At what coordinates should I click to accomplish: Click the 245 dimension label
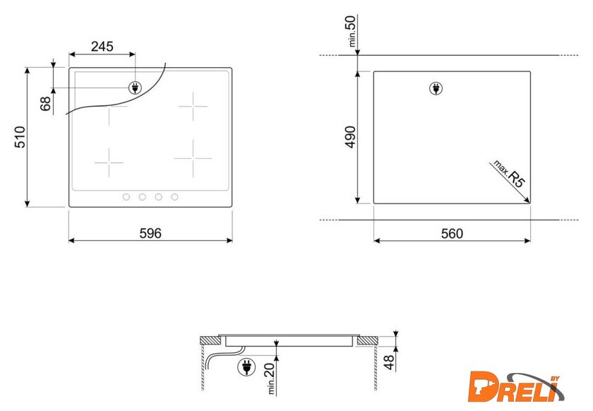102,47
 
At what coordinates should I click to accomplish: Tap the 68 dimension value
45,104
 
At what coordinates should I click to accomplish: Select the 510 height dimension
20,137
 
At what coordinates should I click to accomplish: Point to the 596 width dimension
150,233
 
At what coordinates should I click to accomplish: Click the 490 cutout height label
351,137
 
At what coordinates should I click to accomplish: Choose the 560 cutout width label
452,234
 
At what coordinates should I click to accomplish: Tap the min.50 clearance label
351,31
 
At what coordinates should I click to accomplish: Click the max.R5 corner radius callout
510,174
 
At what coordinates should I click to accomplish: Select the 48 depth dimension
389,362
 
